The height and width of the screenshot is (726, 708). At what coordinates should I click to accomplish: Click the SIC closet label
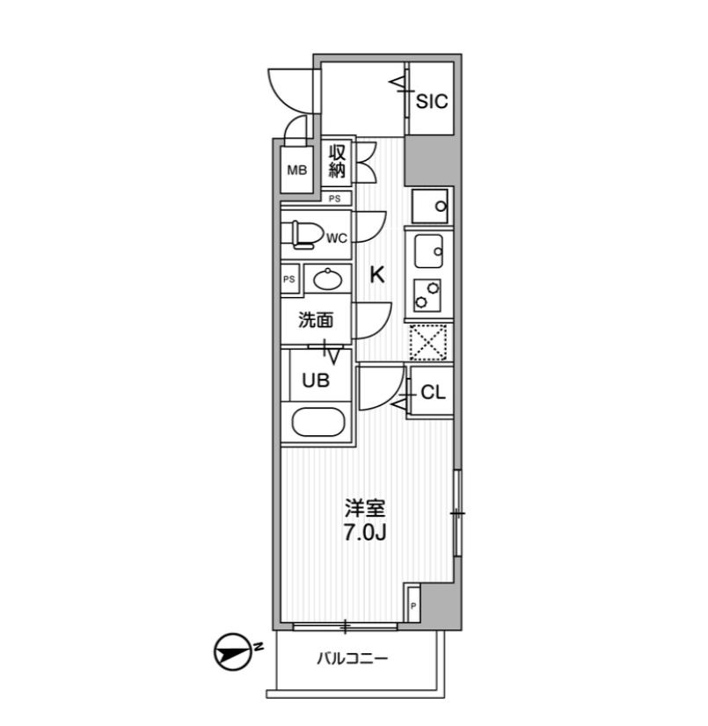pyautogui.click(x=432, y=101)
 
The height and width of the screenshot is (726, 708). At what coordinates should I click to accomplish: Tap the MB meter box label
pyautogui.click(x=297, y=171)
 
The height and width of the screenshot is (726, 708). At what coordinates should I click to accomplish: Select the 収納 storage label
pyautogui.click(x=337, y=161)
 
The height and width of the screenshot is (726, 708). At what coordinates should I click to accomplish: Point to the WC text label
pyautogui.click(x=336, y=238)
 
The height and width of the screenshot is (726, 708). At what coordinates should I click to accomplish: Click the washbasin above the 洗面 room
pyautogui.click(x=327, y=279)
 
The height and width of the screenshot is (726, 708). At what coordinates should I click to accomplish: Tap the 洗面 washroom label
pyautogui.click(x=316, y=320)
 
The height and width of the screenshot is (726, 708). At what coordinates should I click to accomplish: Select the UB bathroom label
pyautogui.click(x=316, y=381)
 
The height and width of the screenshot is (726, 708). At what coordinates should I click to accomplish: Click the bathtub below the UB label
pyautogui.click(x=318, y=422)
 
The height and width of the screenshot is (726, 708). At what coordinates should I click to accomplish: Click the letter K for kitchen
pyautogui.click(x=377, y=275)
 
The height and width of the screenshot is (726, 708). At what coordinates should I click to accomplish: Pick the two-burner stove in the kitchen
pyautogui.click(x=427, y=295)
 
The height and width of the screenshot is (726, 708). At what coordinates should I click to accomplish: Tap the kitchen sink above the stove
pyautogui.click(x=428, y=251)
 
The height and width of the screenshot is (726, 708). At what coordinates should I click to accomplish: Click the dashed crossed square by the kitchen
pyautogui.click(x=428, y=342)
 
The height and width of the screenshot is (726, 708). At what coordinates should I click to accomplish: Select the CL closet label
pyautogui.click(x=433, y=393)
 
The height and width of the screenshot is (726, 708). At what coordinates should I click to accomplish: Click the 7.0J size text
pyautogui.click(x=365, y=533)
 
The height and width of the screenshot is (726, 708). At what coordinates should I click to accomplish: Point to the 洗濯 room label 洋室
pyautogui.click(x=365, y=508)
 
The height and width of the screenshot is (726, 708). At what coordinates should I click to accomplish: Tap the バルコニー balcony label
pyautogui.click(x=352, y=658)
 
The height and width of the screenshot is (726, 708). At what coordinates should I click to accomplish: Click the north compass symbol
pyautogui.click(x=232, y=651)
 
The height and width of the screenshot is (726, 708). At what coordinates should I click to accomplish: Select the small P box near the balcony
pyautogui.click(x=413, y=606)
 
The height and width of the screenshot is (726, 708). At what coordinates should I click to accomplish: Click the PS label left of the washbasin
pyautogui.click(x=289, y=280)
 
